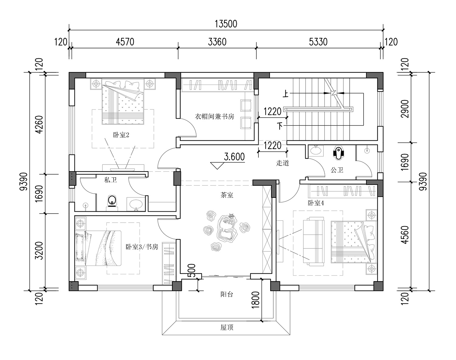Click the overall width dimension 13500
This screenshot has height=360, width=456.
[226, 24]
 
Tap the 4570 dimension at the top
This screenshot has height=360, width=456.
[125, 42]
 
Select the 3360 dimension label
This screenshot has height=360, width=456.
[217, 42]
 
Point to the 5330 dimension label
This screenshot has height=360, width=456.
[318, 42]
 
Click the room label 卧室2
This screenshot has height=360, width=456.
[121, 135]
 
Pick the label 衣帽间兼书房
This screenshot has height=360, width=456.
[214, 116]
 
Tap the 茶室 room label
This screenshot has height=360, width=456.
[227, 195]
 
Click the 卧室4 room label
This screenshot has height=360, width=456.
[316, 203]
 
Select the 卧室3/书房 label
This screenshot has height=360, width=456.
[142, 247]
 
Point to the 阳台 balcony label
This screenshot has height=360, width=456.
[227, 294]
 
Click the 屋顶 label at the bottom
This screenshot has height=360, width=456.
[227, 327]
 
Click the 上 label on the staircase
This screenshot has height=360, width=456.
[286, 94]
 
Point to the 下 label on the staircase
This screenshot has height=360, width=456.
[280, 126]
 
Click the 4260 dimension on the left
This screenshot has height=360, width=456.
[40, 125]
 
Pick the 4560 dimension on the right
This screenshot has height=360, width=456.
[405, 235]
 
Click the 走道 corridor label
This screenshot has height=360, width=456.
[282, 163]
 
